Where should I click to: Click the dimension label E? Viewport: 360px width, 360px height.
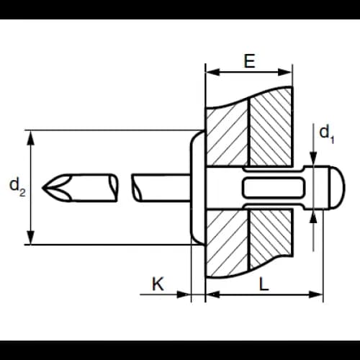click(249, 61)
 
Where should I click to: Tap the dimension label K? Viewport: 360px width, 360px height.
click(158, 284)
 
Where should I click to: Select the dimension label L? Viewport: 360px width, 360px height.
click(264, 284)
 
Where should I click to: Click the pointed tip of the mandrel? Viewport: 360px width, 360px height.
click(42, 187)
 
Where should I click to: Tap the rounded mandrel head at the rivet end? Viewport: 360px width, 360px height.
click(337, 187)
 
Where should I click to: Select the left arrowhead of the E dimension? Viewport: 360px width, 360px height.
click(212, 72)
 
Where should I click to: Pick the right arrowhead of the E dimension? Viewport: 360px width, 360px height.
click(285, 72)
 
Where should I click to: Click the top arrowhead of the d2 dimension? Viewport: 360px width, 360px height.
click(30, 138)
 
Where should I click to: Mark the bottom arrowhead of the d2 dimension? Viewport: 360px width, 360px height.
click(30, 238)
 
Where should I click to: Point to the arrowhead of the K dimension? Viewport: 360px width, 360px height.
click(184, 294)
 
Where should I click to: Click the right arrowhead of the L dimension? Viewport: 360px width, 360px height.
click(316, 294)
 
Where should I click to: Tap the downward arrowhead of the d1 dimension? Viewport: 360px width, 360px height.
click(313, 158)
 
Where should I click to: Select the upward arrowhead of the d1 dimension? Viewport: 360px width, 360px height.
click(313, 217)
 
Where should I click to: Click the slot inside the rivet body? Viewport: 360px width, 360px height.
click(274, 187)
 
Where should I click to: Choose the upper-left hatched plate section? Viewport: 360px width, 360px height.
click(227, 135)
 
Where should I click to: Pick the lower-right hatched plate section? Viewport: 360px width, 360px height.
click(271, 238)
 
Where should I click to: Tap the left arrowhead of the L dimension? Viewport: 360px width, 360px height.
click(213, 294)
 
